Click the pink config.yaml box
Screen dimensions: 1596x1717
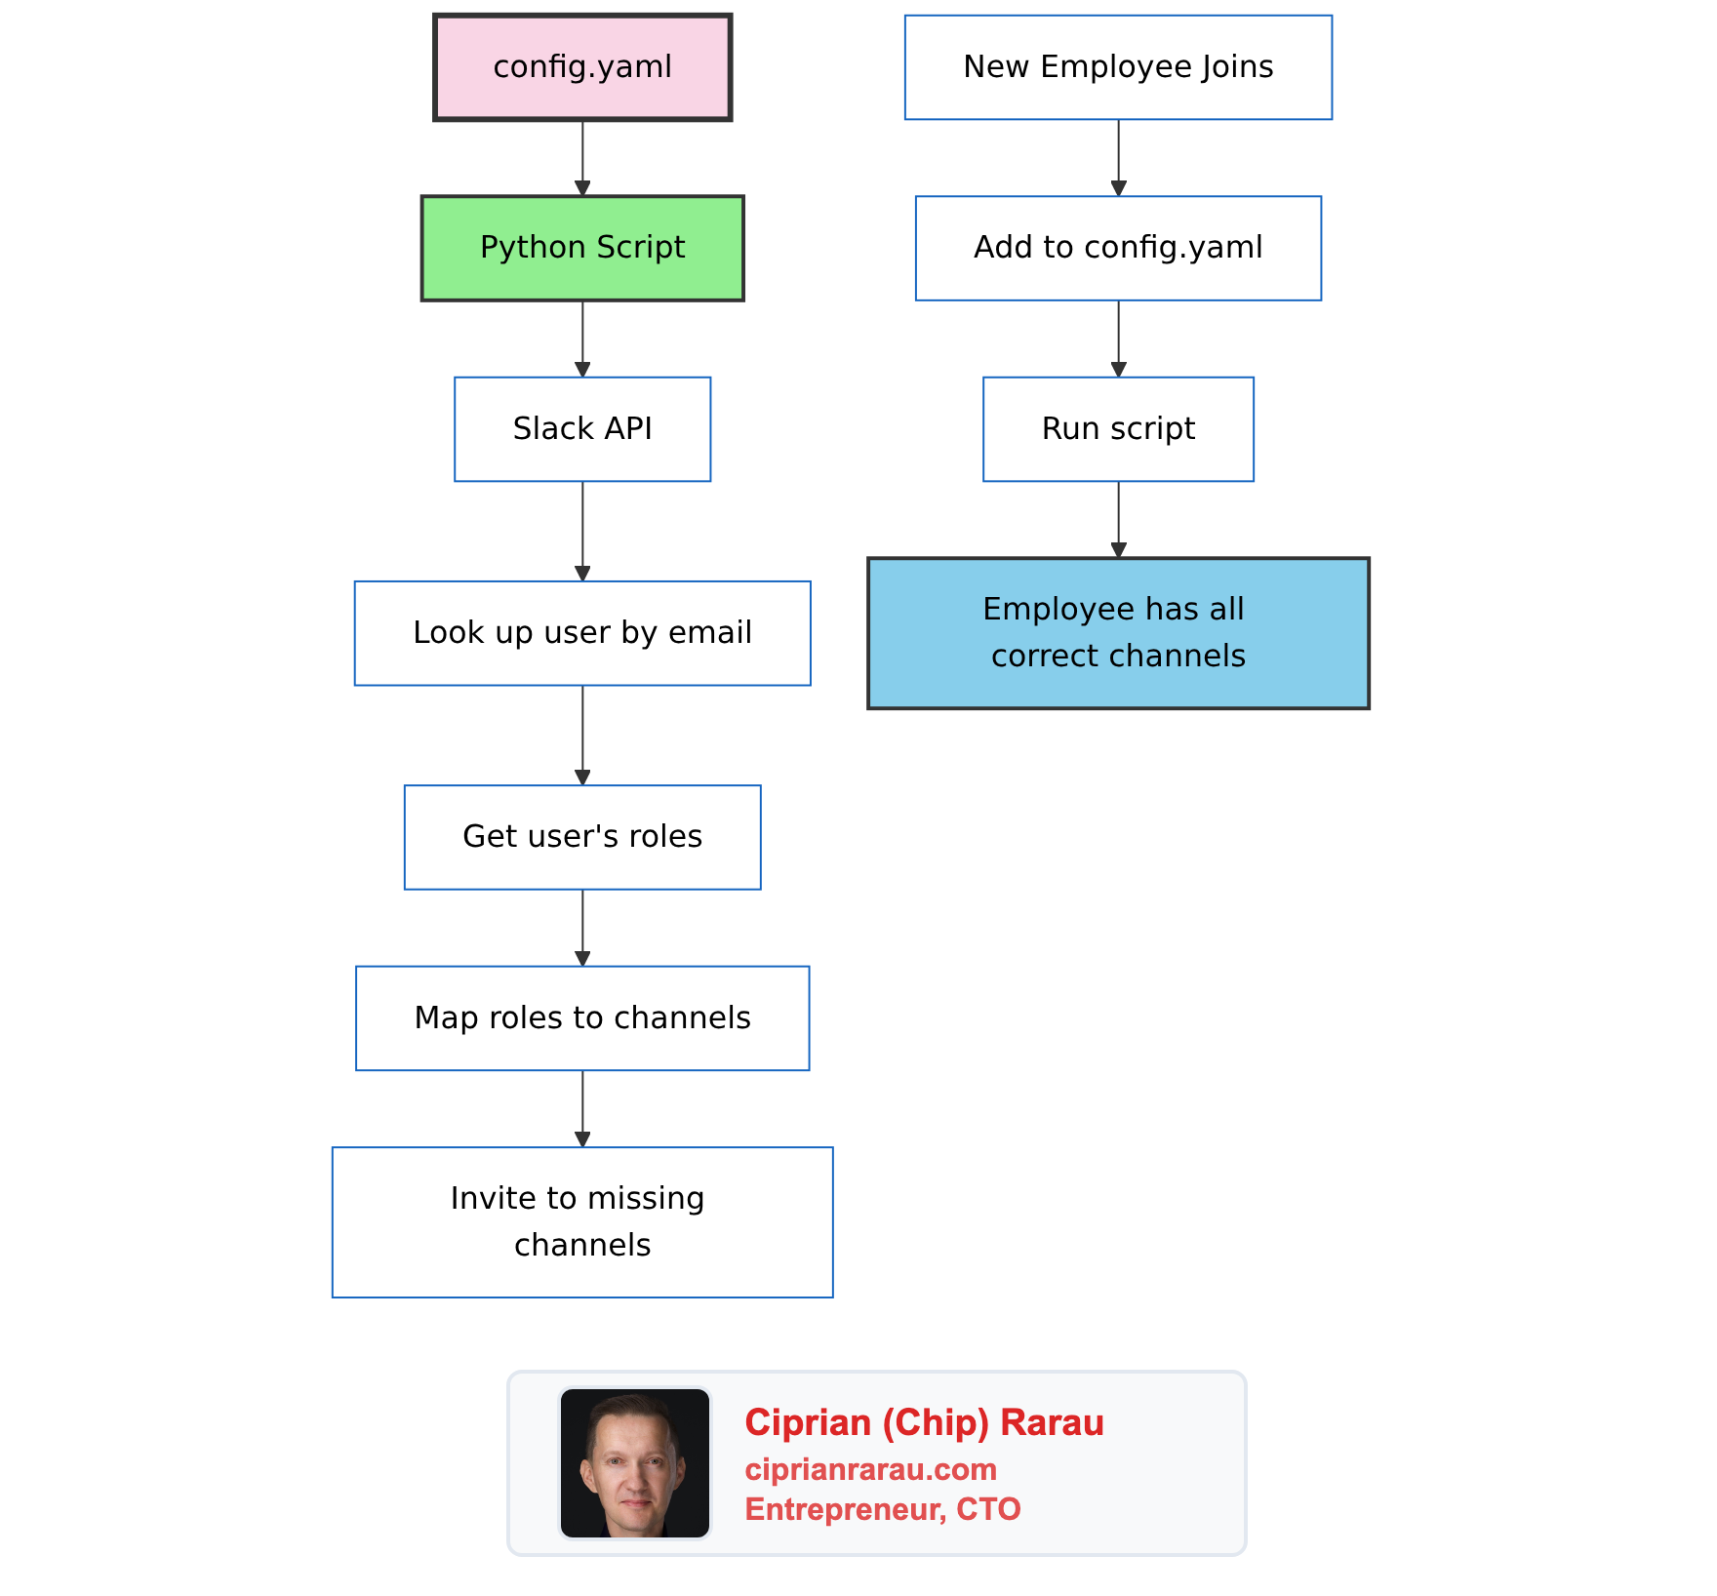[582, 67]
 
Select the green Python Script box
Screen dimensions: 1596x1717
[582, 248]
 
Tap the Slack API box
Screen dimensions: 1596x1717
[582, 429]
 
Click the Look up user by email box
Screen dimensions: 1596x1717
[582, 633]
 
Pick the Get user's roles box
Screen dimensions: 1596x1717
[582, 837]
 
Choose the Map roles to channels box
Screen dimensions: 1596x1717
[582, 1018]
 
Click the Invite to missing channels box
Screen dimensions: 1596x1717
[582, 1222]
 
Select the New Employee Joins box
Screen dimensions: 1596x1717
[1118, 67]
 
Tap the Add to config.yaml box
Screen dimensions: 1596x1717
[1118, 248]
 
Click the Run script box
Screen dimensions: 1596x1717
[1118, 429]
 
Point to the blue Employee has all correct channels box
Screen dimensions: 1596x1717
[1118, 633]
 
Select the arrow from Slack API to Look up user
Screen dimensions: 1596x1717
[582, 531]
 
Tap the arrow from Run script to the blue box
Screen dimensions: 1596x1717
[1118, 519]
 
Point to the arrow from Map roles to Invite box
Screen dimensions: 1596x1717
[582, 1108]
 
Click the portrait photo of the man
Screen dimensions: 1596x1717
[635, 1463]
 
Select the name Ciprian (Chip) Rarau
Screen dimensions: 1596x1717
[924, 1423]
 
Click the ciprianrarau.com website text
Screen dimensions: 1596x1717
[870, 1469]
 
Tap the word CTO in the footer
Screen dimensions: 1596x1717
[988, 1509]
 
